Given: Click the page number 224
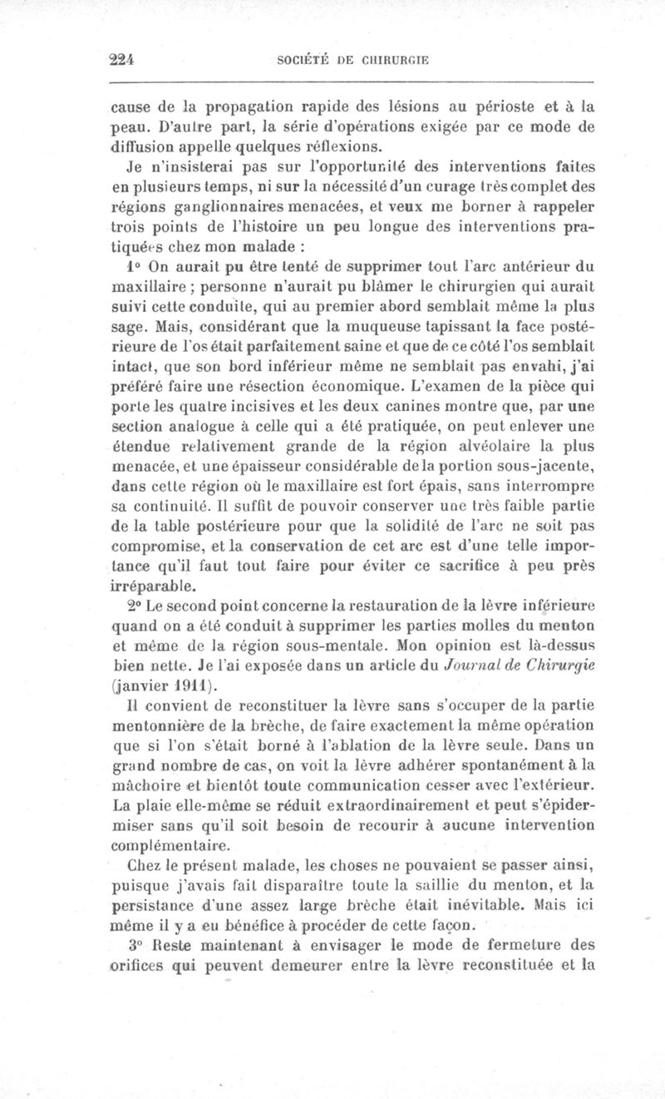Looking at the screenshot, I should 122,59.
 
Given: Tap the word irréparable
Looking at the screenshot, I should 149,585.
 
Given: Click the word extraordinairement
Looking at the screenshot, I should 352,806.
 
